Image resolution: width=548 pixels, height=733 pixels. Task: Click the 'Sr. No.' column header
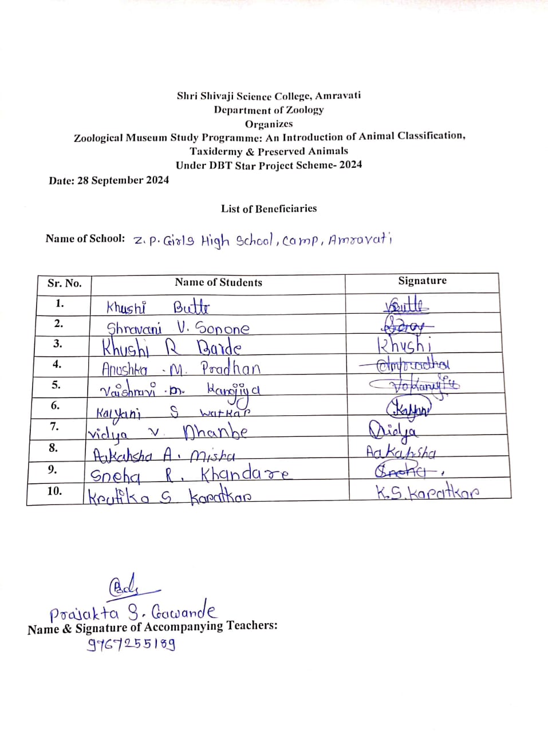[x=64, y=283]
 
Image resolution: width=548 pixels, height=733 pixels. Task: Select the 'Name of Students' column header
[x=218, y=282]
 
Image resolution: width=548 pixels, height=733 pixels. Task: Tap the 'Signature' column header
[x=422, y=281]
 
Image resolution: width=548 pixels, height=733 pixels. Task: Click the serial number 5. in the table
[x=56, y=385]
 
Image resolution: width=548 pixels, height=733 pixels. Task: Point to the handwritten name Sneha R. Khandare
[x=189, y=475]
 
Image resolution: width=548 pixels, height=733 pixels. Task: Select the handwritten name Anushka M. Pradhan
[x=180, y=368]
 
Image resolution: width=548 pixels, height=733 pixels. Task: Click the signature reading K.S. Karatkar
[x=427, y=492]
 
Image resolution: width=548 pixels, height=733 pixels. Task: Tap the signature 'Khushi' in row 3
[x=404, y=345]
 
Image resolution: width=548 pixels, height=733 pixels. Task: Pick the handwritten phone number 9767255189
[x=131, y=645]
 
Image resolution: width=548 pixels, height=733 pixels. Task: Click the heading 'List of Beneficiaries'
[x=269, y=208]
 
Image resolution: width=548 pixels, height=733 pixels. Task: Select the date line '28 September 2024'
[x=109, y=180]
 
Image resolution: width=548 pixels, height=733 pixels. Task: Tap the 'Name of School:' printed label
[x=85, y=238]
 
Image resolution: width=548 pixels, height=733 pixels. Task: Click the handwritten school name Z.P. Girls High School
[x=262, y=241]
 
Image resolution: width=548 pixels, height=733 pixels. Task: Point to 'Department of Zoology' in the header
[x=269, y=110]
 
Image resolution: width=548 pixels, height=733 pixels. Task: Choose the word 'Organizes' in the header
[x=269, y=124]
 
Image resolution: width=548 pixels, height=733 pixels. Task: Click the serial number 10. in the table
[x=54, y=491]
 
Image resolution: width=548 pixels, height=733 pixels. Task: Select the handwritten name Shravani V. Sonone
[x=178, y=328]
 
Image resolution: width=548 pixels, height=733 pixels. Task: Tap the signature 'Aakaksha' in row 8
[x=401, y=452]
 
